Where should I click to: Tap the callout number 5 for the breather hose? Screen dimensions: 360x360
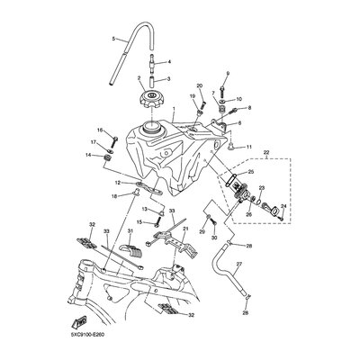114,40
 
